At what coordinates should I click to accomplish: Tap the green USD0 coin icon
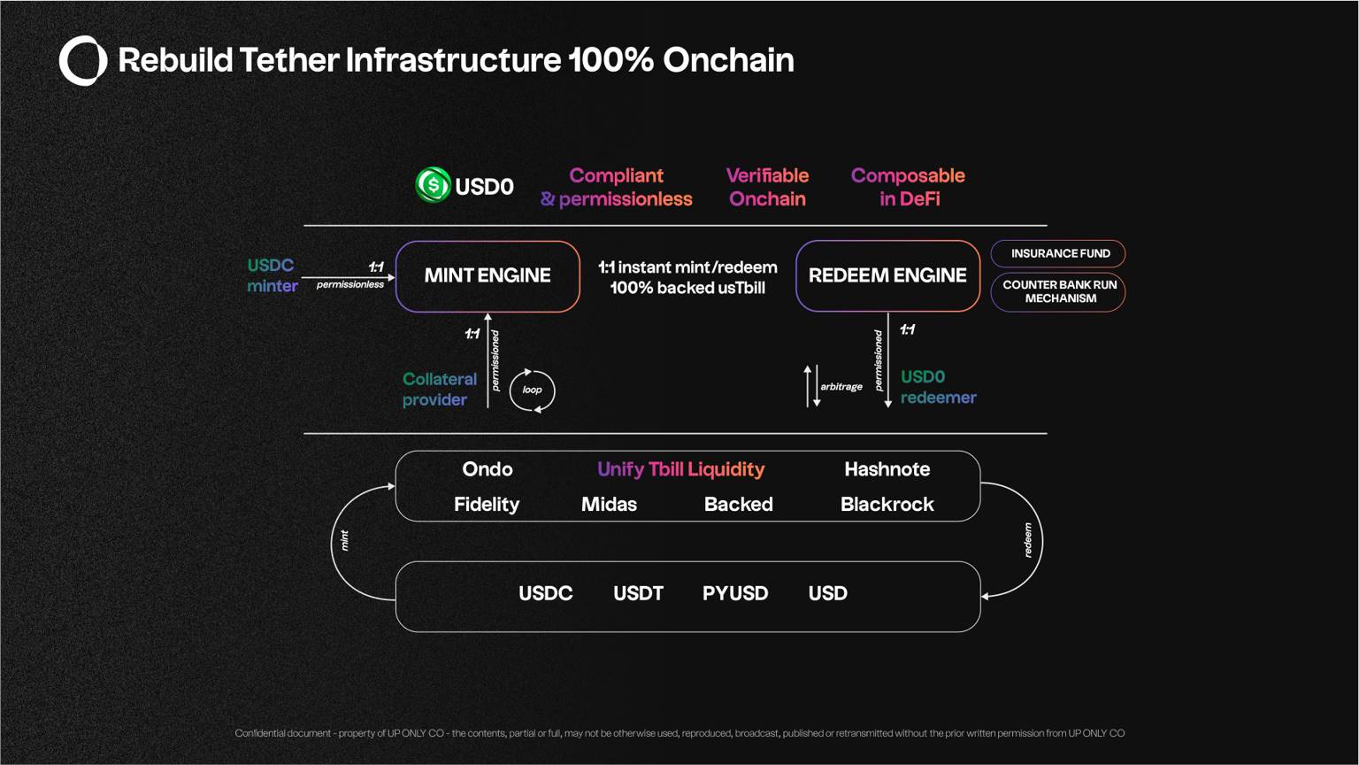tap(434, 184)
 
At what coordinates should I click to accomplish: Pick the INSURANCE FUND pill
tap(1058, 254)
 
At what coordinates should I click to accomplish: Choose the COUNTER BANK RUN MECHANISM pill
tap(1058, 292)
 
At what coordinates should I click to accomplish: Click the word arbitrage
tap(841, 387)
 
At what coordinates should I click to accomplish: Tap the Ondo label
tap(488, 469)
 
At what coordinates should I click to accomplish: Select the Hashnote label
tap(887, 469)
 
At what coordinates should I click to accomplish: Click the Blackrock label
tap(887, 505)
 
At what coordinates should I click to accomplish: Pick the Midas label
tap(609, 505)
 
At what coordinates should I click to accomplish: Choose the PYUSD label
tap(735, 593)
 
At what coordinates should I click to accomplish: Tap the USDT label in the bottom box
tap(638, 593)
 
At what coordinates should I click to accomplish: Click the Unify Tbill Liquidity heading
tap(680, 469)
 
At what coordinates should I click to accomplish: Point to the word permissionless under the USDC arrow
tap(350, 285)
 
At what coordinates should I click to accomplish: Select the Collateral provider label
tap(440, 390)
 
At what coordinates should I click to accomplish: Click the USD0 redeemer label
tap(939, 387)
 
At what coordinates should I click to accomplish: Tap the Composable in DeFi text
tap(909, 187)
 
